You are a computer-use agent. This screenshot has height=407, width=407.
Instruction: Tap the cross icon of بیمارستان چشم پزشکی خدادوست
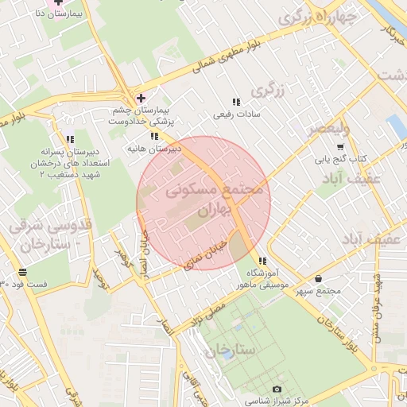tap(141, 98)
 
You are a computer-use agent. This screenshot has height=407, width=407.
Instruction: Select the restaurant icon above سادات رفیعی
tap(235, 102)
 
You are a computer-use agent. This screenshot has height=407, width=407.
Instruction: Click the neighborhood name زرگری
tap(269, 91)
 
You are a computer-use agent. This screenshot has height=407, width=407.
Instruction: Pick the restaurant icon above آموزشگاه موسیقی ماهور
tap(263, 260)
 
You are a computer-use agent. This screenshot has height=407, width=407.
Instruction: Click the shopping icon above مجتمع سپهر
tap(319, 279)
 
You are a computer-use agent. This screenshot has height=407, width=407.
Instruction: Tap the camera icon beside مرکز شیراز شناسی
tap(276, 390)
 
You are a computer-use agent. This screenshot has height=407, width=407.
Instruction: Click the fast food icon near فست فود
tap(21, 272)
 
